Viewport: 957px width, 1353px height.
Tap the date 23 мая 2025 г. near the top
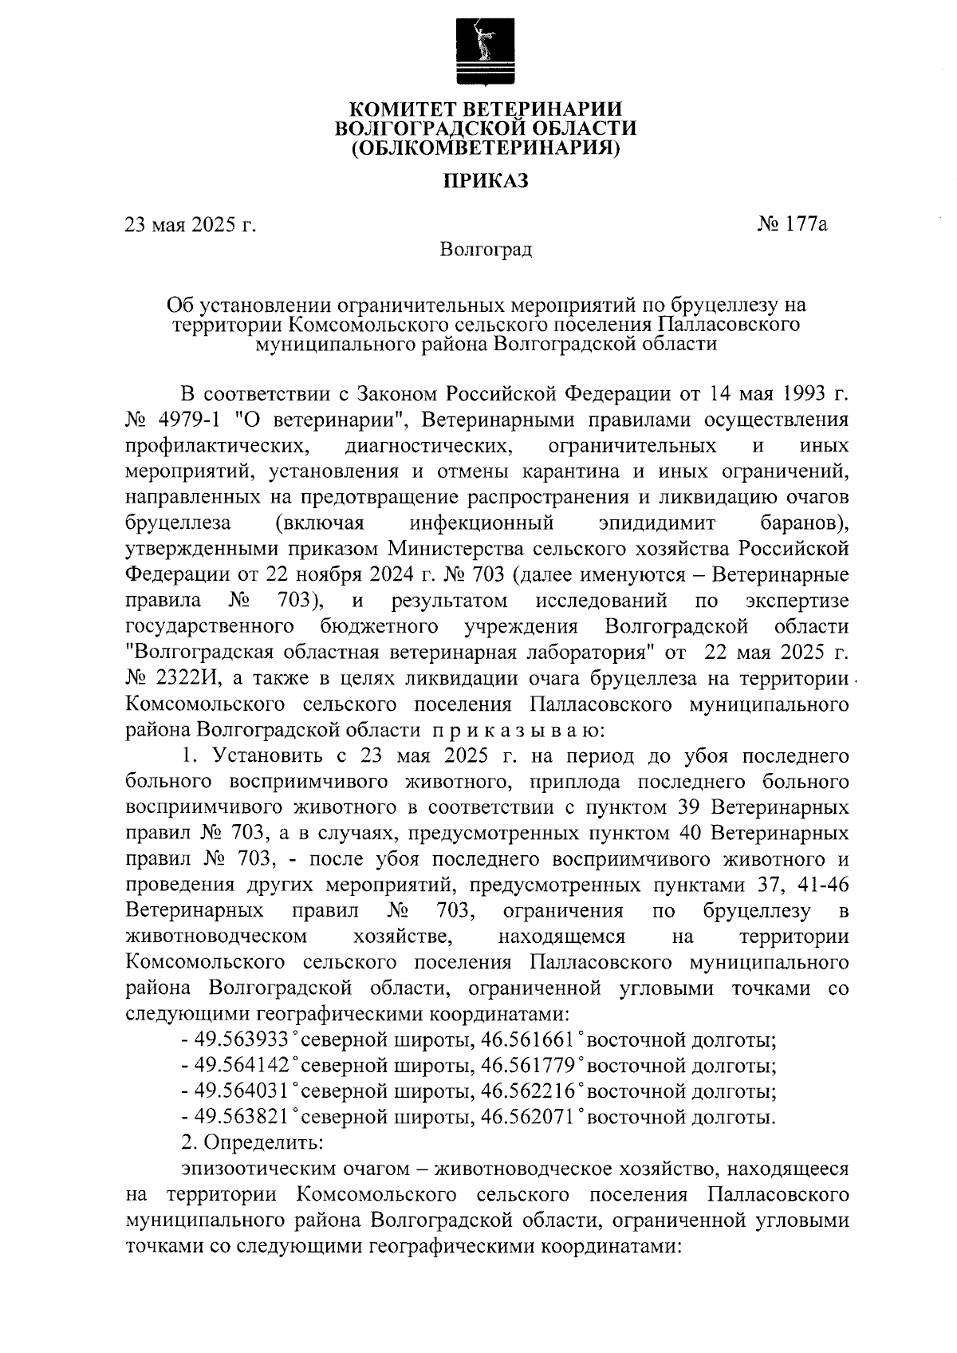(191, 225)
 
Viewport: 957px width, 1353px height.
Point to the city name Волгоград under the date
(486, 250)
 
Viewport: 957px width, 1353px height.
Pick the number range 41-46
(820, 886)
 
